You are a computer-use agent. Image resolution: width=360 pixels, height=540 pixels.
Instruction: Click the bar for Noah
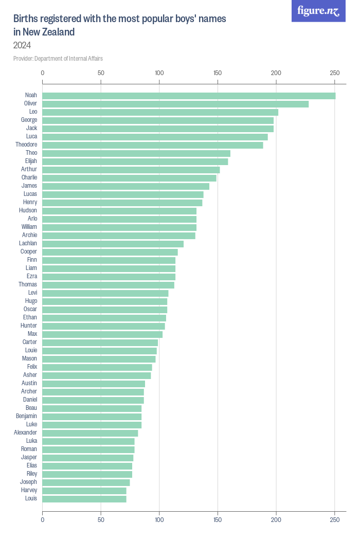point(189,96)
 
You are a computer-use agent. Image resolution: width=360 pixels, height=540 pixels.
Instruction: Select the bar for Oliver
point(175,104)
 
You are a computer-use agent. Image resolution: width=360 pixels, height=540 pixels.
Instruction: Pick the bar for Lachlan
point(113,244)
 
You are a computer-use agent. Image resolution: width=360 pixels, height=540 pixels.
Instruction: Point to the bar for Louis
point(84,499)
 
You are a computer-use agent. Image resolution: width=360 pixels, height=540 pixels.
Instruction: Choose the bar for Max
point(102,334)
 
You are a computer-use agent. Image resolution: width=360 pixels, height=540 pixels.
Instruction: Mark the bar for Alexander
point(90,433)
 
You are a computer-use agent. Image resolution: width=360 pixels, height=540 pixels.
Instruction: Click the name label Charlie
point(29,177)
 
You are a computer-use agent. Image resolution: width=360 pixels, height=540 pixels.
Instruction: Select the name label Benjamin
point(26,416)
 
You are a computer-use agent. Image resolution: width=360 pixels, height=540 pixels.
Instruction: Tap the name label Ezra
point(32,276)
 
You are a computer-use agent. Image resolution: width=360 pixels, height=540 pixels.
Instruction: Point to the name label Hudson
point(28,210)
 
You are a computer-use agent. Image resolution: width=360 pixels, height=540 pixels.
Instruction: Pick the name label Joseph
point(28,482)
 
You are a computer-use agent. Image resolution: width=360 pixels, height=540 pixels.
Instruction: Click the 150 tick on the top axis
point(218,73)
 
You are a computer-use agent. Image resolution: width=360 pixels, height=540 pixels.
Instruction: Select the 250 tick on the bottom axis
point(335,520)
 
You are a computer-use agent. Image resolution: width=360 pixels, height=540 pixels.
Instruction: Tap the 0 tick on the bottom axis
point(43,520)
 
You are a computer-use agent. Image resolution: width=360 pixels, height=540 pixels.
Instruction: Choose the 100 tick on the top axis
point(159,73)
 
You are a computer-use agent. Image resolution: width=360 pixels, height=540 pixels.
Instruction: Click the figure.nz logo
point(319,11)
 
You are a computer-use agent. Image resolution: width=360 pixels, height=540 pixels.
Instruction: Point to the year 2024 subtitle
point(22,45)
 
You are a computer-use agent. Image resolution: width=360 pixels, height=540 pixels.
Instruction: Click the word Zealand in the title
point(58,32)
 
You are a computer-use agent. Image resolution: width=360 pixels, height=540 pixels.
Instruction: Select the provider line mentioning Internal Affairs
point(58,59)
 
